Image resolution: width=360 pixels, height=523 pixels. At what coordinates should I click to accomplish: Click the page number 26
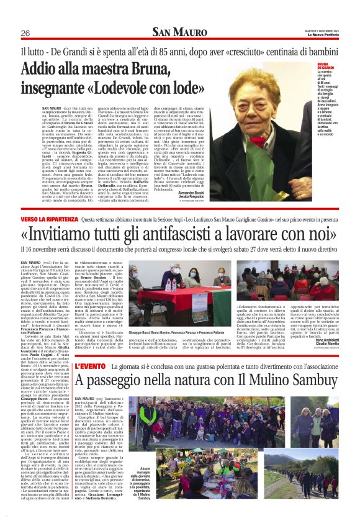25,33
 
